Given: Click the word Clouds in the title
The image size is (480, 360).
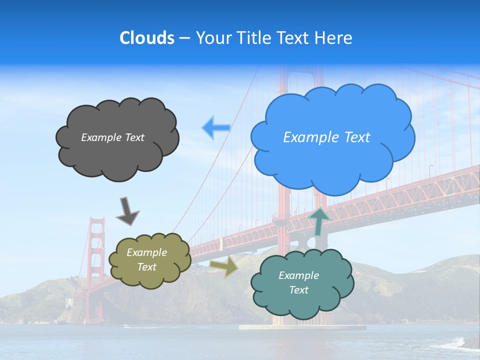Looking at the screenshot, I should [x=147, y=38].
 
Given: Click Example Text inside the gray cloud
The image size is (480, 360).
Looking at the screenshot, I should [x=112, y=137].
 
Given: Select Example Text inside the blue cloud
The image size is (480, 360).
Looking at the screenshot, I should [x=326, y=137].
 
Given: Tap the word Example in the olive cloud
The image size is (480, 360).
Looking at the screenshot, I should [x=146, y=252].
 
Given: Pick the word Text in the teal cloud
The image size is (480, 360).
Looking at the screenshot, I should [x=298, y=290].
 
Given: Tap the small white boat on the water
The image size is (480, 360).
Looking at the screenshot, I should [x=125, y=326].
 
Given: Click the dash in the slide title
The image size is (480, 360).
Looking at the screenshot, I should [x=184, y=38].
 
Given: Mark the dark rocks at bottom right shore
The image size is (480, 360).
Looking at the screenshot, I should [x=467, y=343].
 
